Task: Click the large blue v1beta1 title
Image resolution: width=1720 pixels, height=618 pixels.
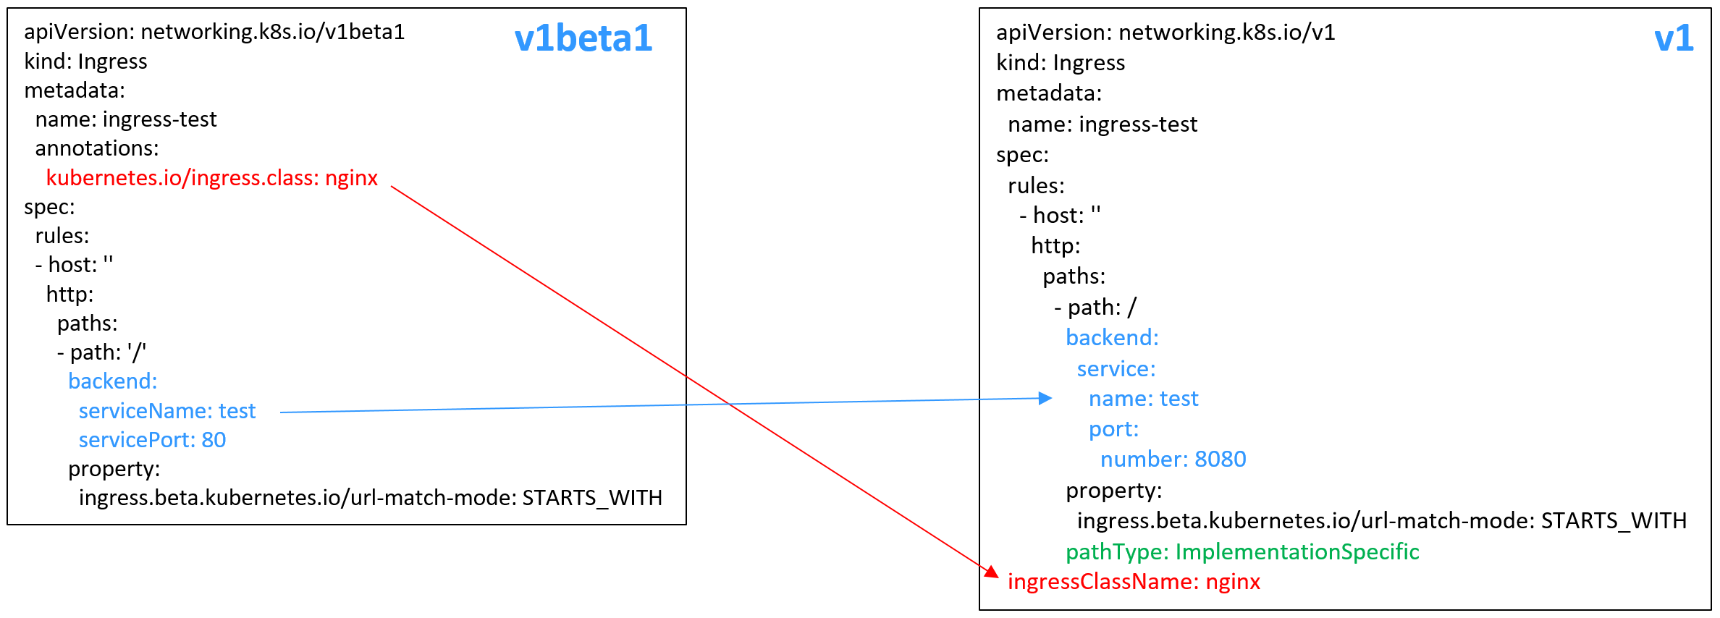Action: pos(583,38)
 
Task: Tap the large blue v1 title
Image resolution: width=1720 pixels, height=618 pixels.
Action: pos(1674,38)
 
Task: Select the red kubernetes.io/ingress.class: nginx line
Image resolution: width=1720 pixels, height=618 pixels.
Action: pos(212,178)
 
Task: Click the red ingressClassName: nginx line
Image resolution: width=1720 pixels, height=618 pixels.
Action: pos(1134,582)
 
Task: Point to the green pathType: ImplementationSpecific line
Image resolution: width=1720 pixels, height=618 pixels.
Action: pos(1242,552)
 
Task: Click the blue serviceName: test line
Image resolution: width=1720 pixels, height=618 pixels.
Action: pos(167,411)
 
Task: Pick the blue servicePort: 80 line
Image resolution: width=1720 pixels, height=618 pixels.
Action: pos(152,440)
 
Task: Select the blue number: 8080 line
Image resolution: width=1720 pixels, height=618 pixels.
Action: pos(1173,460)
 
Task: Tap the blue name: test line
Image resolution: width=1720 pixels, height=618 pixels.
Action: pos(1144,399)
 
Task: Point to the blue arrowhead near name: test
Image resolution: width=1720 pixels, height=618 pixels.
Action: pos(1045,398)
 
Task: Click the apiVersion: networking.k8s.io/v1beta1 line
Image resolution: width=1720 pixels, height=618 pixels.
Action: pos(214,33)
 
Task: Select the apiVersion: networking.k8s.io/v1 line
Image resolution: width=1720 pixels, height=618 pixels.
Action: pos(1165,33)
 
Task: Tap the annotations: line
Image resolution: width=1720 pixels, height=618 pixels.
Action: pos(97,148)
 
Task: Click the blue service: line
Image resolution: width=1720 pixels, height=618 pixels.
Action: pos(1116,369)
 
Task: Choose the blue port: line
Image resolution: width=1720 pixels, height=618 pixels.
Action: pos(1113,430)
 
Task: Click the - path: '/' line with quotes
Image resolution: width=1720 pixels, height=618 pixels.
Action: pos(101,352)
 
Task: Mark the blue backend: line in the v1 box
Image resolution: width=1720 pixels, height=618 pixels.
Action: pos(1112,338)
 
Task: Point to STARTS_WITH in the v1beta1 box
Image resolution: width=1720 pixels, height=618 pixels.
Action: pos(592,499)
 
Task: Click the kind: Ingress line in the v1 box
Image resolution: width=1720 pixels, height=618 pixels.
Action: pos(1061,63)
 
